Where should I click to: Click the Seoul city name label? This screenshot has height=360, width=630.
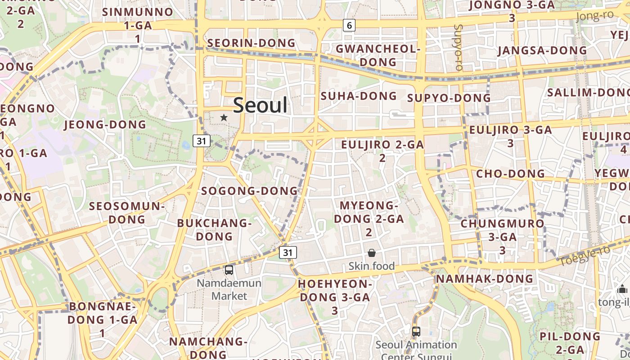pos(260,105)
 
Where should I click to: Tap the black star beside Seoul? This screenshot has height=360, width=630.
pos(224,117)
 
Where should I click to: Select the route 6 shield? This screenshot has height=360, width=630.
pos(349,25)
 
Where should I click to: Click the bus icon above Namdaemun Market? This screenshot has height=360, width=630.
pos(229,270)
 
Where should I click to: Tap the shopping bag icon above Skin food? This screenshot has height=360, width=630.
pos(372,253)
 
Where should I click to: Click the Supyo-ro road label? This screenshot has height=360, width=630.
pos(459,47)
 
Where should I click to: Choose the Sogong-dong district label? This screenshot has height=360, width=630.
pos(249,191)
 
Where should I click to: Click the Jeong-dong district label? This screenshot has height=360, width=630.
pos(105,125)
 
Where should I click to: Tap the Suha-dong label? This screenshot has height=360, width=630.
pos(359,96)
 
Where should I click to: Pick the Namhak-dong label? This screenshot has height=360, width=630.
pos(484,279)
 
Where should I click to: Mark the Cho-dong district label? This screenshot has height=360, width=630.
pos(510,174)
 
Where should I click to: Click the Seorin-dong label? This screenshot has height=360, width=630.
pos(251,43)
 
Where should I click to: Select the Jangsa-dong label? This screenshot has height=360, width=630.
pos(542,50)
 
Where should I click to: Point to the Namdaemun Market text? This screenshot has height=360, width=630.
pos(229,289)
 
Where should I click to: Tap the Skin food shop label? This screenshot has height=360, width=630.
pos(372,266)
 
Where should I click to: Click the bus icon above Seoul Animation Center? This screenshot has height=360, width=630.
pos(416,332)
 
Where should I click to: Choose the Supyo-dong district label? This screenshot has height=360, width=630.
pos(449,98)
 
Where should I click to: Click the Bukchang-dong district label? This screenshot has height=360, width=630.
pos(214,229)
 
